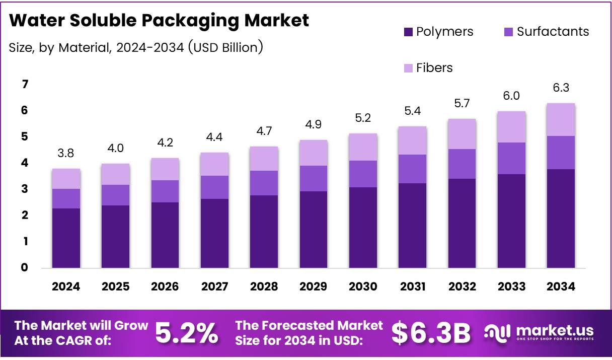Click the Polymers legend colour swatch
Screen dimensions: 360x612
pyautogui.click(x=409, y=32)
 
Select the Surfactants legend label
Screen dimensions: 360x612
pyautogui.click(x=553, y=32)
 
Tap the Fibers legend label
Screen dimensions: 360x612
pyautogui.click(x=434, y=67)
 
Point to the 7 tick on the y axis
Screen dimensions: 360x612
pyautogui.click(x=25, y=84)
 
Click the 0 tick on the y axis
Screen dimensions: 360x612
pyautogui.click(x=25, y=268)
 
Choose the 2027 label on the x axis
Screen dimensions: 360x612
pyautogui.click(x=214, y=286)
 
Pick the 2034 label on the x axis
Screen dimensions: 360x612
pyautogui.click(x=561, y=286)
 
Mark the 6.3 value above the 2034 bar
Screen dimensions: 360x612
pyautogui.click(x=561, y=88)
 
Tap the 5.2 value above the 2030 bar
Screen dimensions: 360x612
pyautogui.click(x=363, y=118)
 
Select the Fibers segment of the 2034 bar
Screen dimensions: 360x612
pyautogui.click(x=561, y=119)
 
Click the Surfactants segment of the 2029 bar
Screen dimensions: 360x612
pyautogui.click(x=314, y=178)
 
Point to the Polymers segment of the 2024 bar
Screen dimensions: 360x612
pyautogui.click(x=66, y=238)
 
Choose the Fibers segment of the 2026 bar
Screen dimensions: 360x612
pyautogui.click(x=165, y=169)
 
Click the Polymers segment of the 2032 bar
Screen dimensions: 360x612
pyautogui.click(x=462, y=223)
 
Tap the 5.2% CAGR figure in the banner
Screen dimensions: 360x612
pyautogui.click(x=186, y=333)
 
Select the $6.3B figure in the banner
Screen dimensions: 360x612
pyautogui.click(x=430, y=333)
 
